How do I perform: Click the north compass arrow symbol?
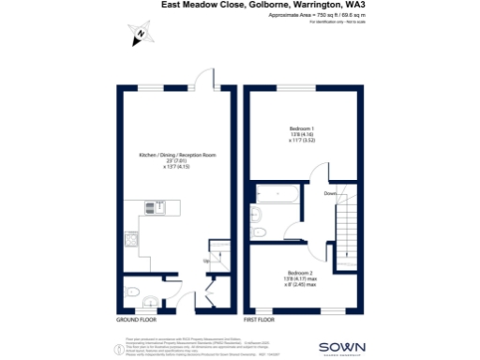138,36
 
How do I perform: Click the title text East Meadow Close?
202,6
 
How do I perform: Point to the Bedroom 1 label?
301,128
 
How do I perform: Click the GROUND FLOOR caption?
135,321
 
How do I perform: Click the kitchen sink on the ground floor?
154,207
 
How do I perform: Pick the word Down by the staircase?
329,193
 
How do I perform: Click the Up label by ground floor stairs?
203,262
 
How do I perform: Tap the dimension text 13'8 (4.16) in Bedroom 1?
301,134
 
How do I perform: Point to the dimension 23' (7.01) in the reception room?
177,160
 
